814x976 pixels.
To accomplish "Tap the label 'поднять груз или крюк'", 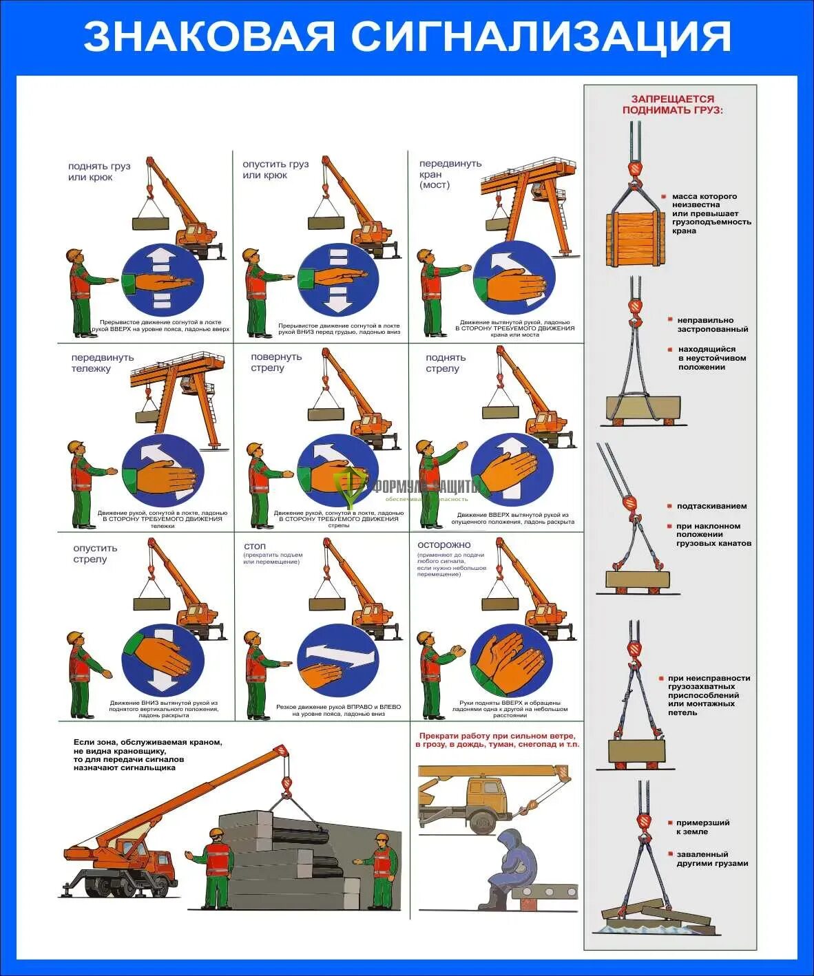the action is [x=99, y=171].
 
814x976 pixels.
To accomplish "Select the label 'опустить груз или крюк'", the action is [x=275, y=169].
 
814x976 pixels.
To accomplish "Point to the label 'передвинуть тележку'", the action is [x=102, y=363].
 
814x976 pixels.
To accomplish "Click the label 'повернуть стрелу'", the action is [x=276, y=362].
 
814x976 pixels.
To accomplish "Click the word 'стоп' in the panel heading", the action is [x=255, y=546].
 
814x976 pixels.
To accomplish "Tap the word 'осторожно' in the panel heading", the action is [x=444, y=544].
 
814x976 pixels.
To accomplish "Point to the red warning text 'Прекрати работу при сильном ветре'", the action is [x=498, y=736].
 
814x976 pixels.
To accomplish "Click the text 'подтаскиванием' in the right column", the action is [x=711, y=506].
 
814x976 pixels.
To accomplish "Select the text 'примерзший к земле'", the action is [x=702, y=827].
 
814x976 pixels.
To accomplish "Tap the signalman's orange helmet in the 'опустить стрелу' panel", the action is [x=75, y=636].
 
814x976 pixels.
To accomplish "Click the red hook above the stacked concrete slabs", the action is [x=286, y=783].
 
